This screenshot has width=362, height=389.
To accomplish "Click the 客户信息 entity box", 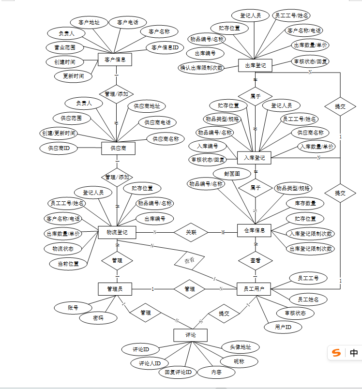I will [x=115, y=60].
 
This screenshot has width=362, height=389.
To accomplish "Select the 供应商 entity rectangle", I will [x=118, y=148].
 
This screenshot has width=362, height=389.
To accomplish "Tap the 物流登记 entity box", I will [x=117, y=232].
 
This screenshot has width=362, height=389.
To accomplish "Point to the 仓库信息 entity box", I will [x=255, y=230].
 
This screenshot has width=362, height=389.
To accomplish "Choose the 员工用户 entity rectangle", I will [x=254, y=289].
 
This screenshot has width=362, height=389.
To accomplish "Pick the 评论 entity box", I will [x=190, y=335].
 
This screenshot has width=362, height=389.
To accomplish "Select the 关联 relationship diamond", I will [x=191, y=232].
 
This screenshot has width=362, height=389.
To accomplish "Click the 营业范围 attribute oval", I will [x=65, y=47].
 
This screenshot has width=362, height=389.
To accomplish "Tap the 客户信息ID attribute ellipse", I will [x=165, y=47].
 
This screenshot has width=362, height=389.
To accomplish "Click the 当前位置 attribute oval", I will [x=68, y=264].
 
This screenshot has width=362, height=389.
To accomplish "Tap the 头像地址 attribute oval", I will [x=240, y=347].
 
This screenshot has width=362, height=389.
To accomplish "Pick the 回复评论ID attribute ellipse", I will [x=178, y=372].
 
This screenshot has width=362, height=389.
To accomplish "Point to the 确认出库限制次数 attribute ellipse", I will [x=201, y=68].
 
